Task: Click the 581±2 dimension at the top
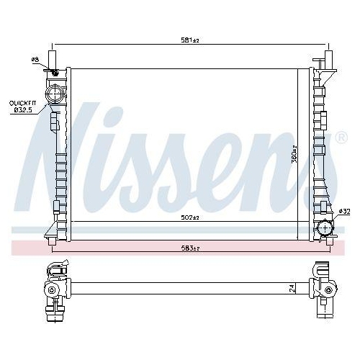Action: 189,40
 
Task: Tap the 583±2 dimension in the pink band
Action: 189,248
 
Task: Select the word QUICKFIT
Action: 22,104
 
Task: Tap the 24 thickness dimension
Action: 292,288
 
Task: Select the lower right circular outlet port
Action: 324,229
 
